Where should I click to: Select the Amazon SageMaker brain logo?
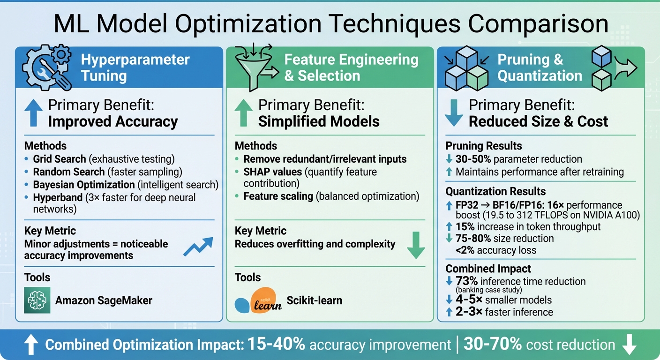(x=37, y=300)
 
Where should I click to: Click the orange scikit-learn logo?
(x=265, y=299)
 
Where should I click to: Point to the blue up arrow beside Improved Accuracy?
(x=33, y=113)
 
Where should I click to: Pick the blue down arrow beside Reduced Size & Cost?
(x=453, y=113)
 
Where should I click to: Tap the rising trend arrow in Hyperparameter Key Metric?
(x=198, y=246)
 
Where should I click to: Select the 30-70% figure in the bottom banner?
(x=492, y=345)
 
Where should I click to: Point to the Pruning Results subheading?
(x=483, y=146)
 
